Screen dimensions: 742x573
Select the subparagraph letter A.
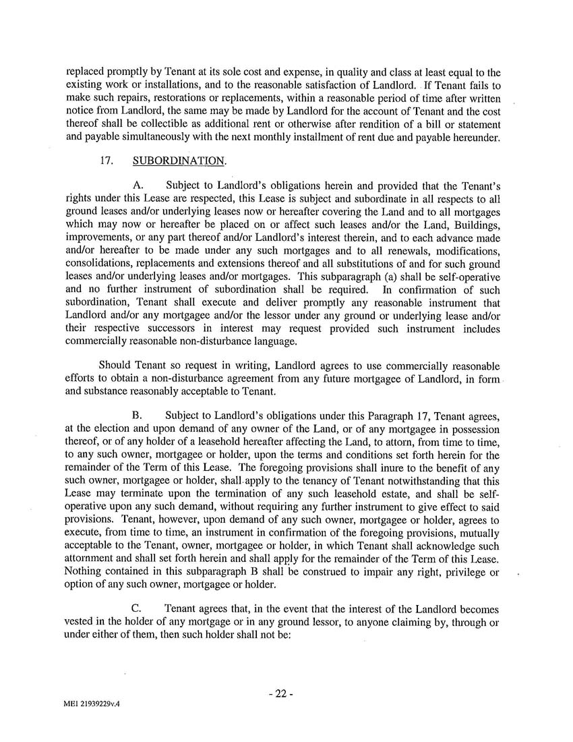140,185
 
